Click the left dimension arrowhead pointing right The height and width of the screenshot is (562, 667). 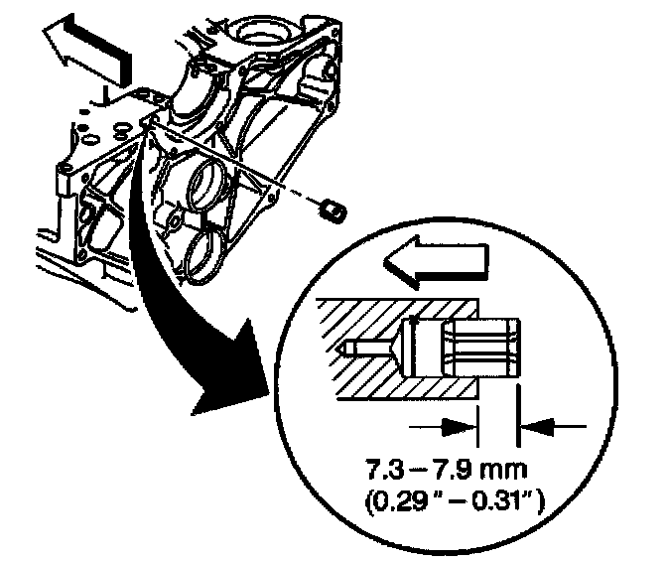pyautogui.click(x=456, y=426)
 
